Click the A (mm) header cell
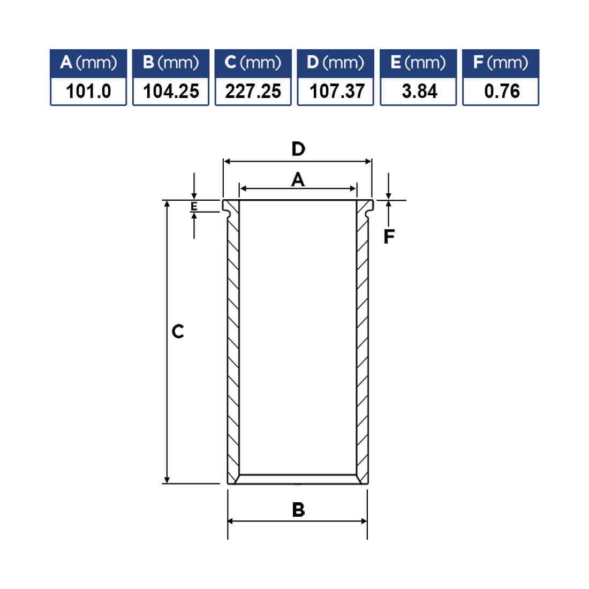[x=88, y=63]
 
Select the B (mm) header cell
[x=170, y=63]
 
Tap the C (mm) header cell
[x=253, y=63]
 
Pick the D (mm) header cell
[x=335, y=63]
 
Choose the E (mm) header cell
[x=418, y=63]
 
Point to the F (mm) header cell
[x=501, y=63]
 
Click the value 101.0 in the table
[x=88, y=91]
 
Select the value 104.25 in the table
[x=171, y=91]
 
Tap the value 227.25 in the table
[x=253, y=91]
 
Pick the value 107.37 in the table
[x=337, y=91]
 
